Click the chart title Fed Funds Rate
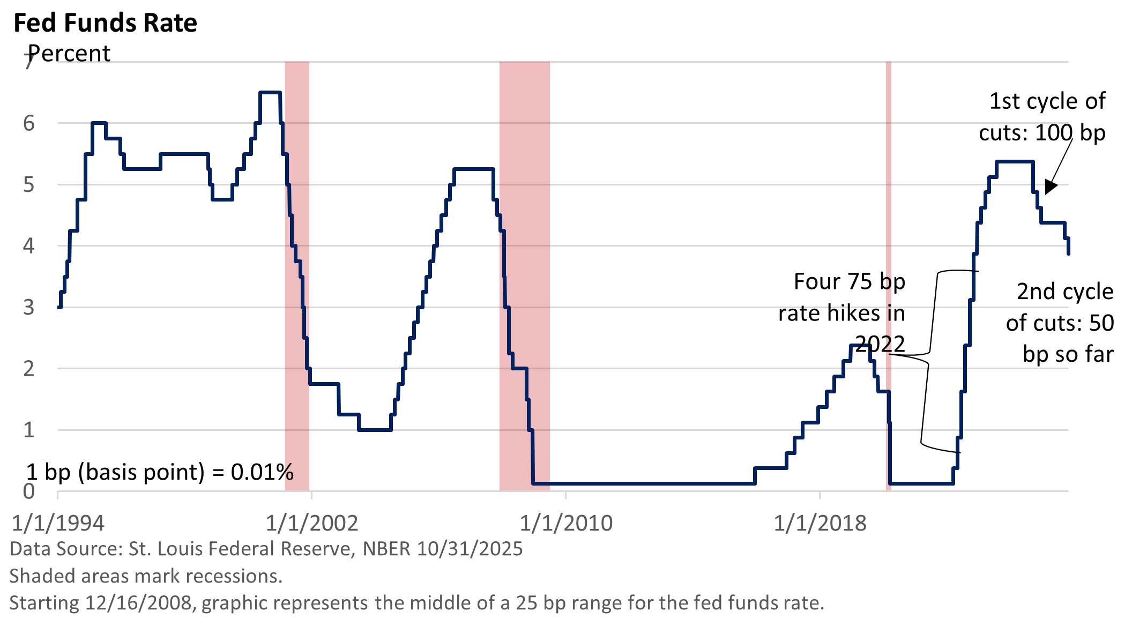(x=105, y=24)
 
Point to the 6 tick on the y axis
(x=29, y=124)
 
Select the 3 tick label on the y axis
(x=29, y=308)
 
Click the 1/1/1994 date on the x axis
(x=58, y=523)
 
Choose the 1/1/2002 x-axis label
(x=312, y=523)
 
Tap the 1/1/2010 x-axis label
(x=566, y=523)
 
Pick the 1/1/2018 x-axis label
(x=820, y=523)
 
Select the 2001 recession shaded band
(x=297, y=268)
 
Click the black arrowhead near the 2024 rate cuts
(x=1051, y=187)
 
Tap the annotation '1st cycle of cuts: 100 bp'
(x=1042, y=117)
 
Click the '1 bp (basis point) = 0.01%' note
(x=160, y=472)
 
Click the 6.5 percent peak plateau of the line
(x=270, y=93)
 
